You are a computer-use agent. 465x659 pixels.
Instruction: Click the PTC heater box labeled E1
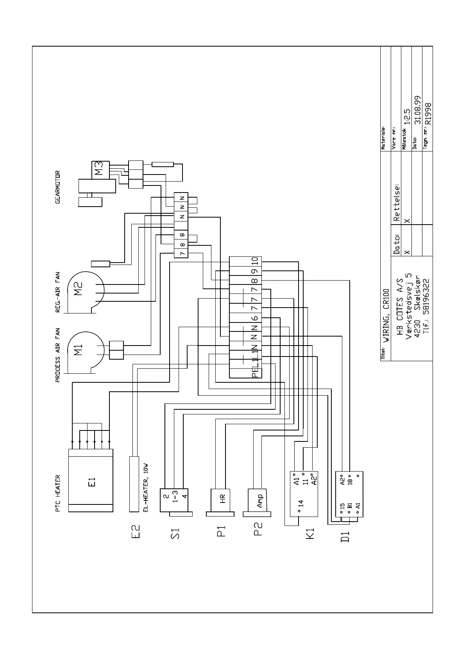coord(91,481)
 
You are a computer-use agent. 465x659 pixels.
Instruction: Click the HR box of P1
coord(222,499)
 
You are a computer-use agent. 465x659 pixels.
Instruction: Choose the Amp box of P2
coord(259,500)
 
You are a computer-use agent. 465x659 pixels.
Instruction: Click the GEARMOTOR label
coord(58,187)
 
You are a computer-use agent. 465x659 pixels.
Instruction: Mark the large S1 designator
coord(175,533)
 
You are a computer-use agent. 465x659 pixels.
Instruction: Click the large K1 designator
coord(310,534)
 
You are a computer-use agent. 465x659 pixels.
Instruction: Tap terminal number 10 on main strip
coord(255,261)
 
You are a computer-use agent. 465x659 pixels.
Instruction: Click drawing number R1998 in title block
coord(429,113)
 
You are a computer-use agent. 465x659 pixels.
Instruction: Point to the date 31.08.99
coord(418,110)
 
